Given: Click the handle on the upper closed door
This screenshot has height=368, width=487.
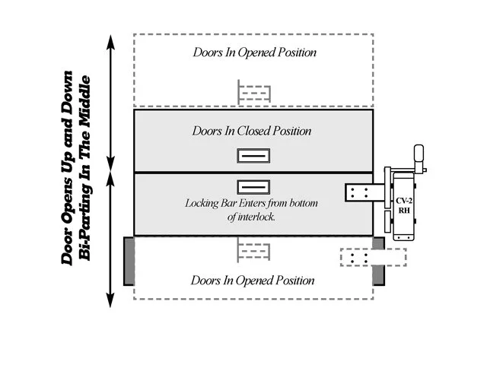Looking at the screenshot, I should click(253, 156).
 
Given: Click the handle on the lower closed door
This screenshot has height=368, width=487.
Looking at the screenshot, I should click(253, 186).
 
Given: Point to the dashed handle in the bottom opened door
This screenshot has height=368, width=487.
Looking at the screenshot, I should click(254, 249).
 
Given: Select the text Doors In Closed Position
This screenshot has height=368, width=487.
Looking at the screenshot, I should click(253, 131).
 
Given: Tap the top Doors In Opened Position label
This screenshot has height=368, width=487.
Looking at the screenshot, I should click(254, 53).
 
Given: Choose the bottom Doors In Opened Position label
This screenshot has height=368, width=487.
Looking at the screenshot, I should click(253, 281).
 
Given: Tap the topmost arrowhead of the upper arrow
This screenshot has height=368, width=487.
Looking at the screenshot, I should click(111, 40).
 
